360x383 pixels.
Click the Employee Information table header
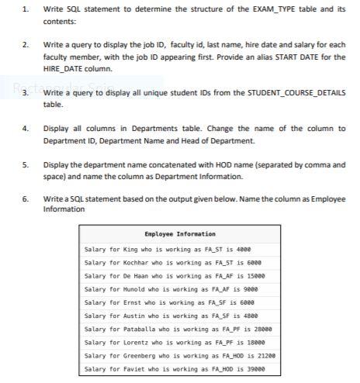(180, 233)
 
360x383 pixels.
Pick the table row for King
(180, 250)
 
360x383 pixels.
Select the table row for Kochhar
(180, 263)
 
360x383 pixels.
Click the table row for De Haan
(180, 275)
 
